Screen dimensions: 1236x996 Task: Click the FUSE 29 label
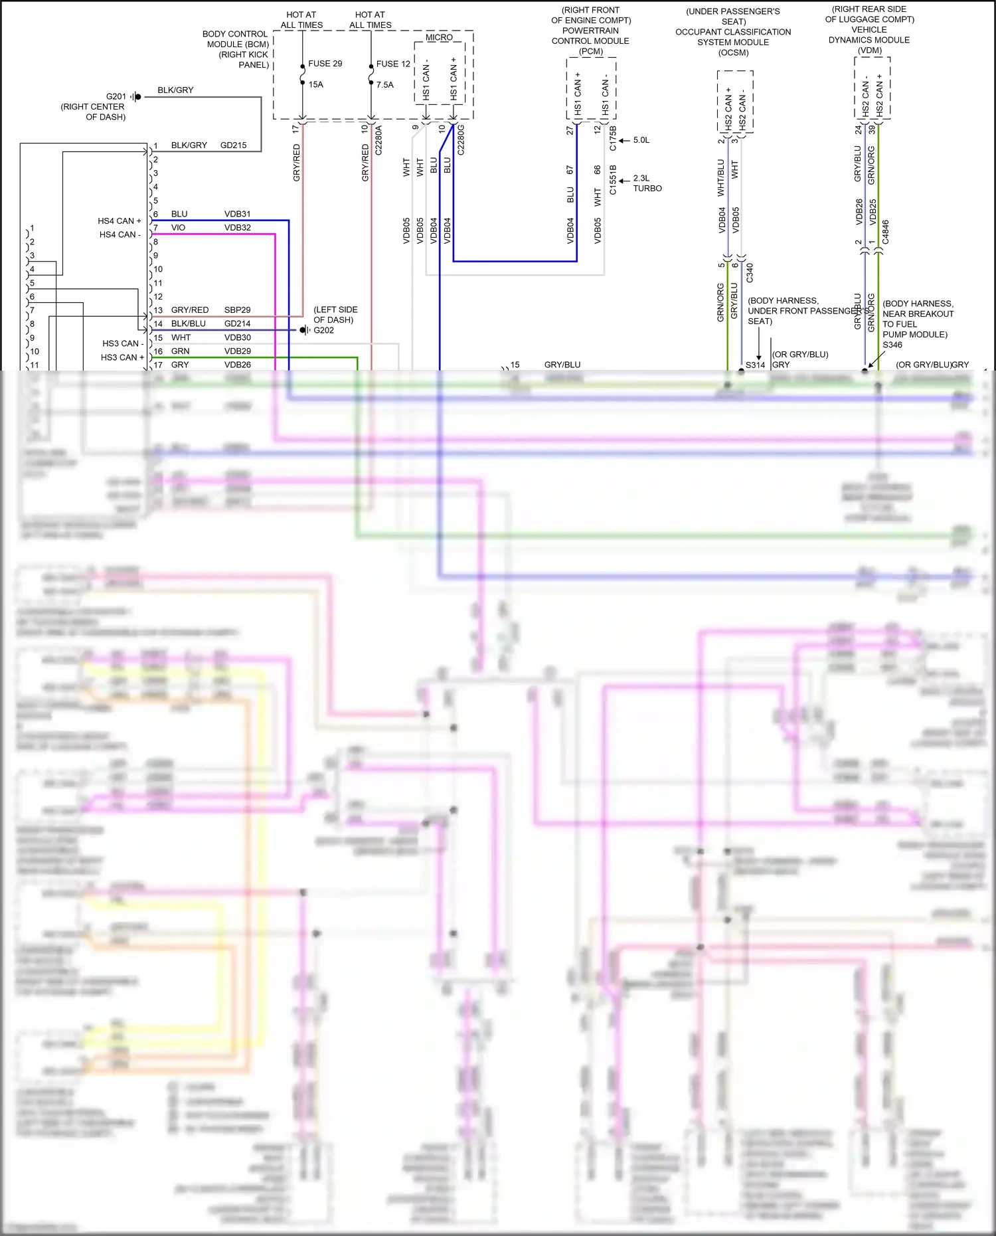pyautogui.click(x=325, y=64)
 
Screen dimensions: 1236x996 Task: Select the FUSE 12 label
pyautogui.click(x=393, y=64)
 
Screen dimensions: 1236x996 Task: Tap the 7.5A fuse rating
pyautogui.click(x=384, y=85)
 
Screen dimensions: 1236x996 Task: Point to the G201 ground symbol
pyautogui.click(x=136, y=97)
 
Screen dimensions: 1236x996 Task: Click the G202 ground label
pyautogui.click(x=323, y=330)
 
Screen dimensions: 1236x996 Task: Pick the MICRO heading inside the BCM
pyautogui.click(x=439, y=37)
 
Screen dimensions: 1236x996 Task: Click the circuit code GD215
pyautogui.click(x=233, y=145)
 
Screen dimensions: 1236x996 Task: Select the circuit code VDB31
pyautogui.click(x=237, y=214)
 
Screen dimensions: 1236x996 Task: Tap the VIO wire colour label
pyautogui.click(x=178, y=227)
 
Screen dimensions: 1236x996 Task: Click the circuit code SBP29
pyautogui.click(x=237, y=310)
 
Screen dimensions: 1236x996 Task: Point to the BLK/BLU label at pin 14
pyautogui.click(x=188, y=323)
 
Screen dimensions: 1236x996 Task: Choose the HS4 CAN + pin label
pyautogui.click(x=120, y=221)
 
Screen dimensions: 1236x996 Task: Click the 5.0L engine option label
pyautogui.click(x=641, y=140)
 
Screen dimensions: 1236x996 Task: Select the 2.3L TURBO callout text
pyautogui.click(x=647, y=183)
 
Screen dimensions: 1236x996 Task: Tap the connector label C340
pyautogui.click(x=750, y=273)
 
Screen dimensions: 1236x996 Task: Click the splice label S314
pyautogui.click(x=755, y=365)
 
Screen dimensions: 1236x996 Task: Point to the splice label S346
pyautogui.click(x=892, y=345)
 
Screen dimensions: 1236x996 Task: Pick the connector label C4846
pyautogui.click(x=885, y=232)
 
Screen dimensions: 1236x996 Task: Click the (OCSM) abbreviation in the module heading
pyautogui.click(x=733, y=52)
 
